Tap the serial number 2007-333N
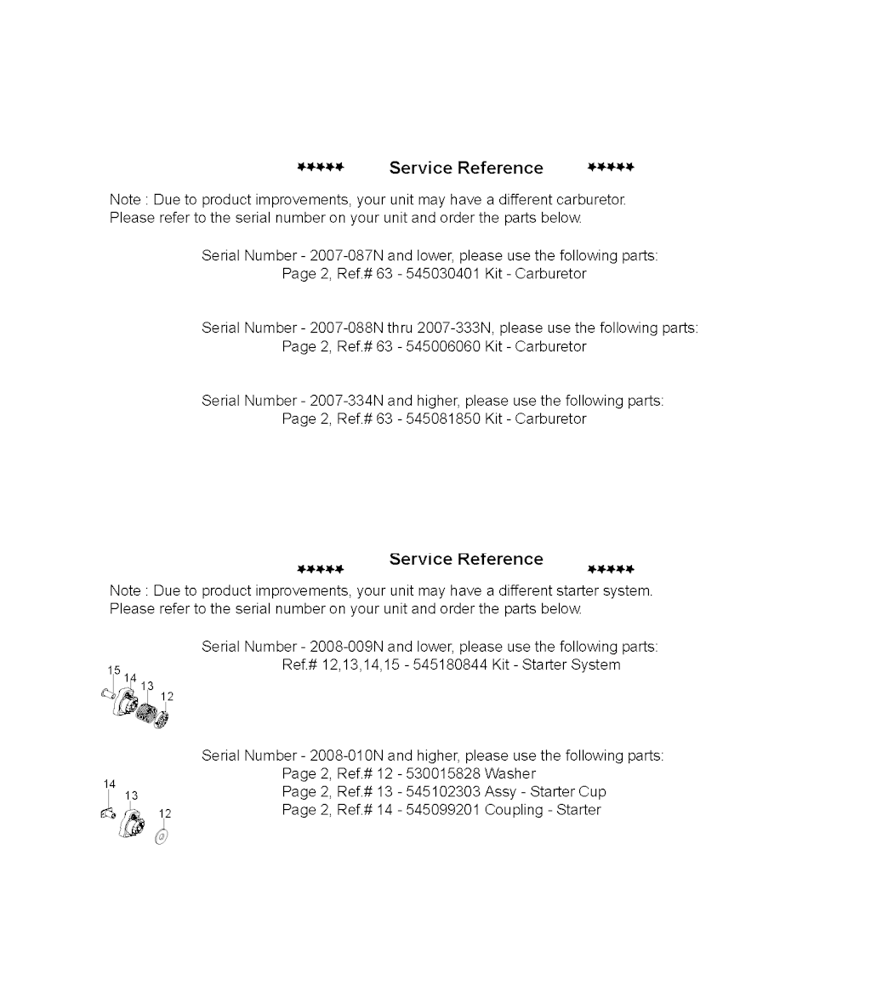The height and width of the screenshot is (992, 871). click(x=455, y=328)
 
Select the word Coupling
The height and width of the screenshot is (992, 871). click(x=515, y=809)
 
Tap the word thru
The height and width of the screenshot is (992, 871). click(x=401, y=328)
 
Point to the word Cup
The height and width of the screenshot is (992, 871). click(x=592, y=791)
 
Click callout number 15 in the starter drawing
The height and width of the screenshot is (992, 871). click(x=113, y=670)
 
